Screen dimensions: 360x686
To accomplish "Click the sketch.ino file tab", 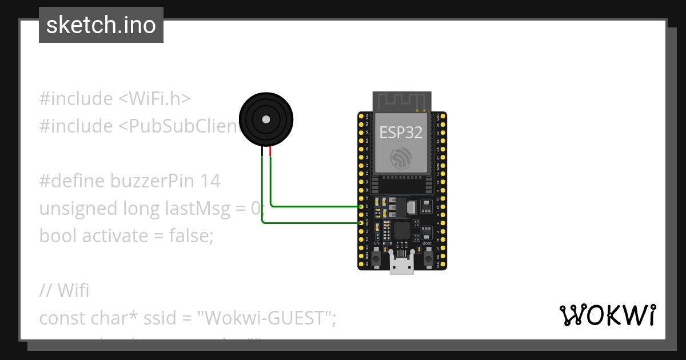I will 101,25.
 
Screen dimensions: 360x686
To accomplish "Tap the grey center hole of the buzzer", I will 266,119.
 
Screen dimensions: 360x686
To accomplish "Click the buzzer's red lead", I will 270,151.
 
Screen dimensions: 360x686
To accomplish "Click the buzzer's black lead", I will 262,151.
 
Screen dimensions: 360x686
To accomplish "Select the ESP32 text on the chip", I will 401,133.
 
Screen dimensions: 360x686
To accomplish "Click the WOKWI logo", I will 607,315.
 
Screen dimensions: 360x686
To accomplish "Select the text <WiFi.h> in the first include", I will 154,99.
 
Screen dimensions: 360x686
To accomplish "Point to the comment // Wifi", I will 65,290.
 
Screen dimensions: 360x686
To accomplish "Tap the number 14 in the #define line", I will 210,181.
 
